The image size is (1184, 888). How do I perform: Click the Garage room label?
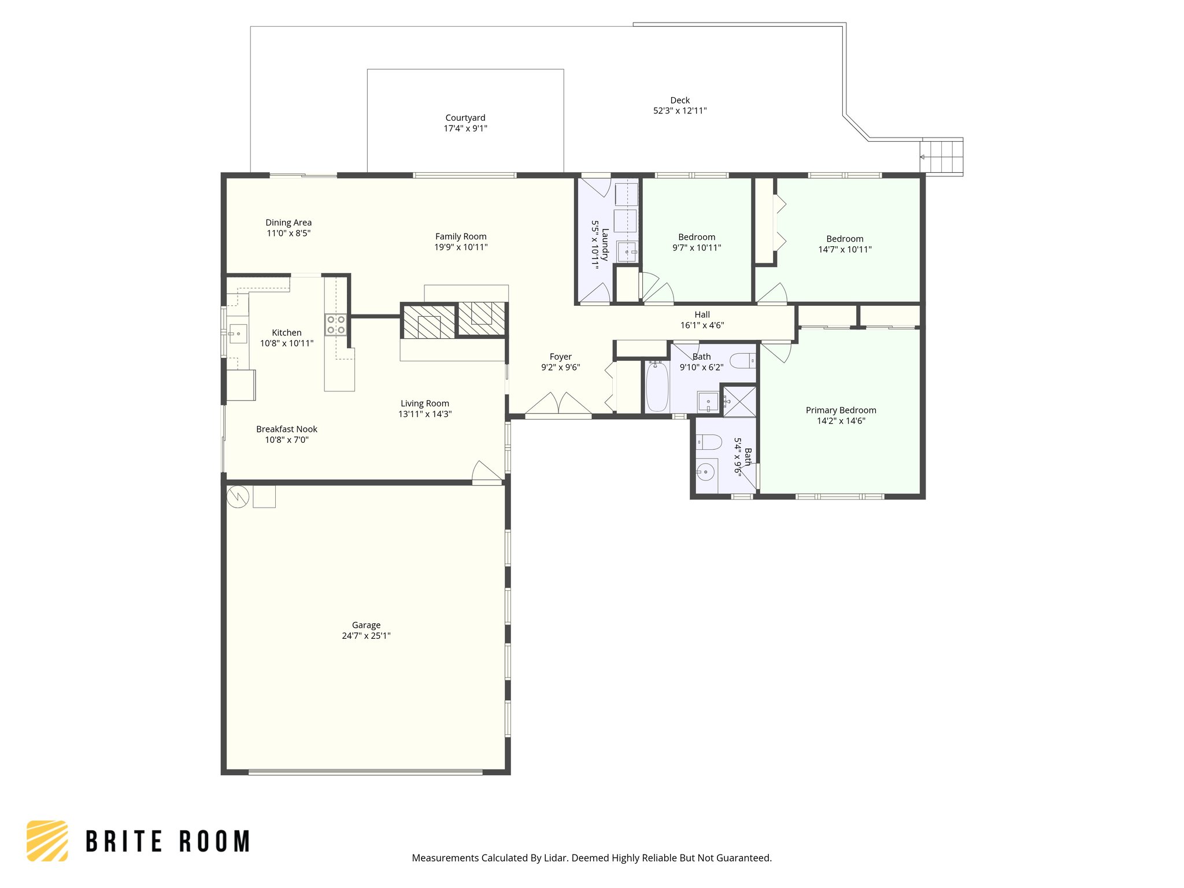tap(366, 625)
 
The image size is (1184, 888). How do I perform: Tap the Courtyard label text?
tap(465, 118)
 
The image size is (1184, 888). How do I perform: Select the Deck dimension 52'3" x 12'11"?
tap(680, 111)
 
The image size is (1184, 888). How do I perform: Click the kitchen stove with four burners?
tap(336, 324)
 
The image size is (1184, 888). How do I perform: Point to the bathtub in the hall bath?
tap(657, 386)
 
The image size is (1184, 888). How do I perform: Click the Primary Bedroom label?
tap(841, 410)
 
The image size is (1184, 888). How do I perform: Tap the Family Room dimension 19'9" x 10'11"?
tap(461, 247)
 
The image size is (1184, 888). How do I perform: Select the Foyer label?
tap(561, 357)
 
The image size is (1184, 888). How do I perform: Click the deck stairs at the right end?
tap(942, 157)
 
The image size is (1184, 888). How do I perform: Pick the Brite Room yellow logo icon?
tap(47, 841)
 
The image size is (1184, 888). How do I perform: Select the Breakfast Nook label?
tap(287, 430)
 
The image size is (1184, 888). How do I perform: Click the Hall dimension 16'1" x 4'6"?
tap(702, 325)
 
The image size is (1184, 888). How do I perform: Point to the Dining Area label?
tap(288, 223)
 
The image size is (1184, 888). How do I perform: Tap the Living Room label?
tap(425, 404)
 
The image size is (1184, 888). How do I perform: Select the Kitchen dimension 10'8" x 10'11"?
tap(287, 343)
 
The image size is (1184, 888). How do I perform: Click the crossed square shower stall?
tap(739, 401)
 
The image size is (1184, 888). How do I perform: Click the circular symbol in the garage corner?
tap(238, 497)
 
